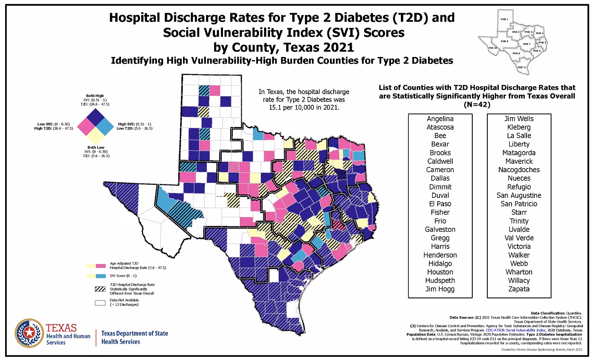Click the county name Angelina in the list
(440, 119)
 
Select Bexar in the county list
(440, 144)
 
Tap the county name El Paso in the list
(440, 204)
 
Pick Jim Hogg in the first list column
(440, 289)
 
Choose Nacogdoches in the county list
(519, 170)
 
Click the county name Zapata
(519, 289)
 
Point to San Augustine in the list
(519, 195)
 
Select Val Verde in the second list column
(519, 238)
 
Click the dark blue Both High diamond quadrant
(95, 117)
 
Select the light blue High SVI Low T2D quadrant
(105, 127)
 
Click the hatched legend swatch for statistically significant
(100, 289)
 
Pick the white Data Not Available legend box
(100, 303)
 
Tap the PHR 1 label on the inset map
(504, 19)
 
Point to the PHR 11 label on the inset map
(522, 67)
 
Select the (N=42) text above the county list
(477, 105)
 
